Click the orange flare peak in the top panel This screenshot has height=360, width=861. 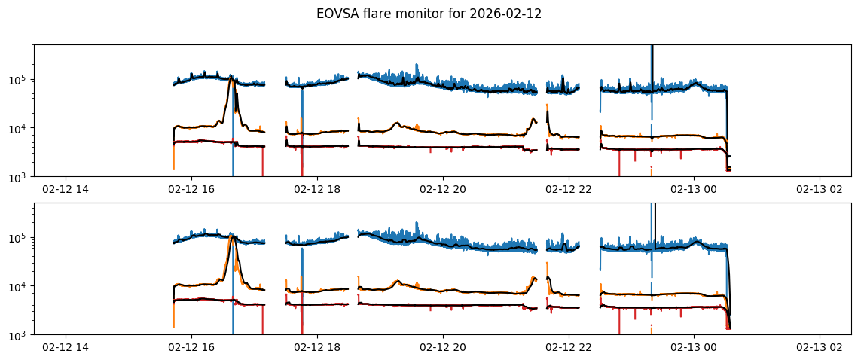coord(231,77)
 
